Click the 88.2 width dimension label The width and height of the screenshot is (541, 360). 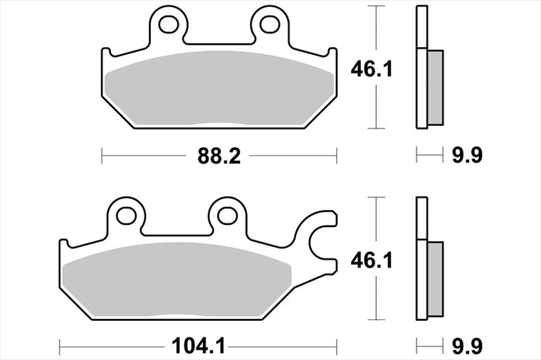(x=219, y=156)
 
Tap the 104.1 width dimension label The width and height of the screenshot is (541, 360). (x=198, y=346)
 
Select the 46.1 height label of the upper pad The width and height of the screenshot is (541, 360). (x=372, y=70)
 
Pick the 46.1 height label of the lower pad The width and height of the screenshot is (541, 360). (x=372, y=260)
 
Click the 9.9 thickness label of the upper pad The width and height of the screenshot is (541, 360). (x=467, y=155)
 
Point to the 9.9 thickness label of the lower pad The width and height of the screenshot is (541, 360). (x=467, y=346)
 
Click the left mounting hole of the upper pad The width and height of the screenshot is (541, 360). (x=169, y=24)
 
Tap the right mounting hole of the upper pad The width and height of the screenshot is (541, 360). (x=270, y=24)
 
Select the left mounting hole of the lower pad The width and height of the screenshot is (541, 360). (x=126, y=216)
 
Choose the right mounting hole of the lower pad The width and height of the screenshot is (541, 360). (x=227, y=216)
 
